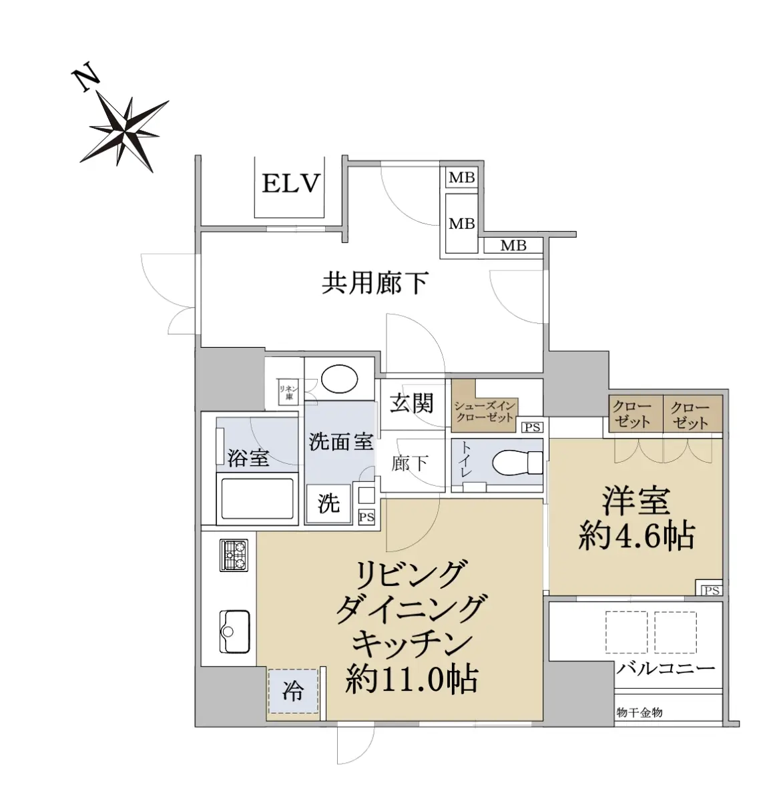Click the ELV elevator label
290,183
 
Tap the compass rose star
124,133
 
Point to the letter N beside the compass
85,80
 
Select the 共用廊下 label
374,283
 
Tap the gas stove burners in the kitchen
234,555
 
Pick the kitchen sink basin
234,631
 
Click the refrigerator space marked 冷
293,691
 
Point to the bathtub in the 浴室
257,499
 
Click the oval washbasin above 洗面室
339,378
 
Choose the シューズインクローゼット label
485,412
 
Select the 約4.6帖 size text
636,537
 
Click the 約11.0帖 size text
412,679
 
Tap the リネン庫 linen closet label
288,392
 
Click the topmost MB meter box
462,178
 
